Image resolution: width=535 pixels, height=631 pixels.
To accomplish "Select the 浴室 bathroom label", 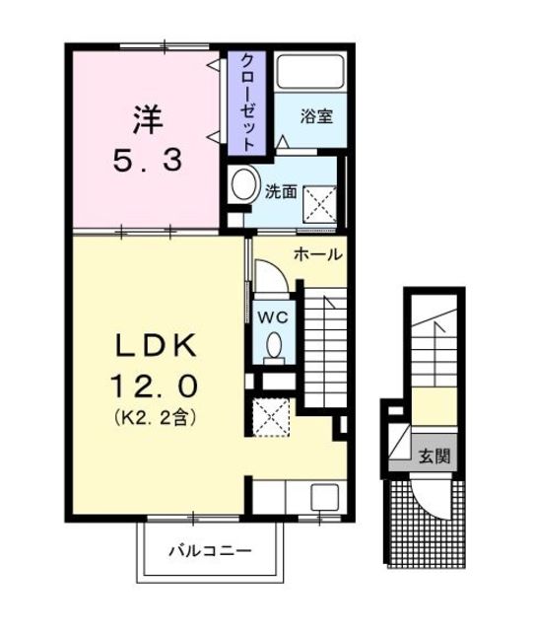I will coord(315,115).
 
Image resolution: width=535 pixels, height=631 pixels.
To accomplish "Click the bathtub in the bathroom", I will coord(307,73).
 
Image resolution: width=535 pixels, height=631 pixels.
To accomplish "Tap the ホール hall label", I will coord(316,254).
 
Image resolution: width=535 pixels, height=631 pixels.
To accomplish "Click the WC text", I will coord(272,317).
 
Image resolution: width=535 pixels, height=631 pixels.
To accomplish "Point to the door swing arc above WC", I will coord(269,276).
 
